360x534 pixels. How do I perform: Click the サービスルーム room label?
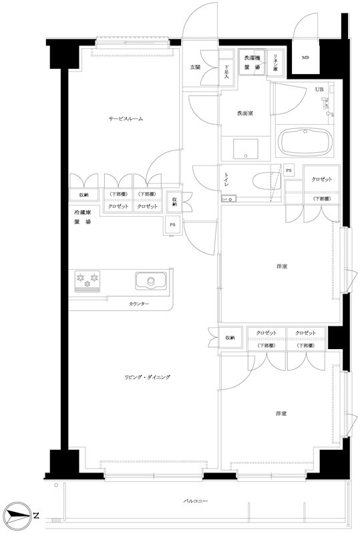pyautogui.click(x=126, y=119)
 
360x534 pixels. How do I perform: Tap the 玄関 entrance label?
pyautogui.click(x=195, y=67)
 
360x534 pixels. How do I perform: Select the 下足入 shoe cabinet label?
pyautogui.click(x=226, y=69)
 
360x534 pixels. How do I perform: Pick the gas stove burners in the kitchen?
pyautogui.click(x=87, y=281)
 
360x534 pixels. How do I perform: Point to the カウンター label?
pyautogui.click(x=139, y=304)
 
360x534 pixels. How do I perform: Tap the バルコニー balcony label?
pyautogui.click(x=196, y=500)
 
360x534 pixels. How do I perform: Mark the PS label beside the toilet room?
pyautogui.click(x=289, y=170)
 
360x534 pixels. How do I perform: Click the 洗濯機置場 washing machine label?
pyautogui.click(x=252, y=63)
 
